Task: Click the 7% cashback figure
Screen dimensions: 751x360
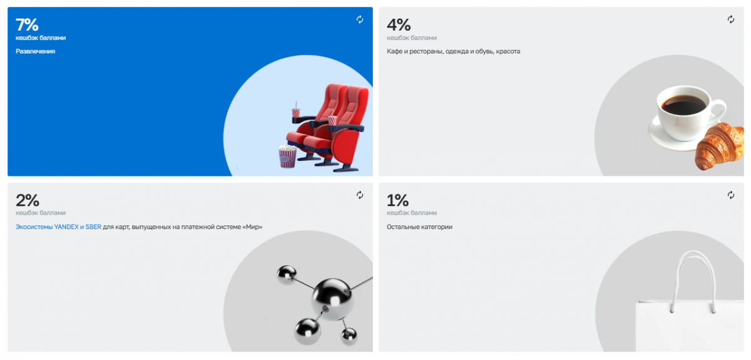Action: click(x=27, y=24)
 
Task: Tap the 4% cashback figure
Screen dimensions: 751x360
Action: click(x=399, y=24)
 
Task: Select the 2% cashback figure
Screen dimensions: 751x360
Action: click(x=28, y=200)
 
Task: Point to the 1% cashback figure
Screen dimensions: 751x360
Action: click(x=397, y=200)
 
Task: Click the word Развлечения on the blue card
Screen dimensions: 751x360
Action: click(x=35, y=51)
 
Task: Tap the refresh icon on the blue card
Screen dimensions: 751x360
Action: click(x=360, y=19)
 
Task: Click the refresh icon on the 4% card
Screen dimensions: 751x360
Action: click(x=731, y=19)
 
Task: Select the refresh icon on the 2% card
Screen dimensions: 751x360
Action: click(x=360, y=195)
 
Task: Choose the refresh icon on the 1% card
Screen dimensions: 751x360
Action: click(x=731, y=195)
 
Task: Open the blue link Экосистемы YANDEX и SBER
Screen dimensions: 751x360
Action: click(x=58, y=227)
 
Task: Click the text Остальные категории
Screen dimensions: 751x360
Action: click(x=419, y=227)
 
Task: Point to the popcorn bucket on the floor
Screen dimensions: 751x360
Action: click(x=288, y=157)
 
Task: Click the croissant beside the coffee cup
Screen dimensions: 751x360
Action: click(x=720, y=146)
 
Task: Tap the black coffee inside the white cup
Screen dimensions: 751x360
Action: click(x=683, y=105)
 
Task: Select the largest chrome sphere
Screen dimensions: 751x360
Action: click(x=332, y=299)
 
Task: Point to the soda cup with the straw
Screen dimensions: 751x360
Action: click(x=295, y=110)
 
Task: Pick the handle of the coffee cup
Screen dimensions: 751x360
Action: click(x=721, y=111)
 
